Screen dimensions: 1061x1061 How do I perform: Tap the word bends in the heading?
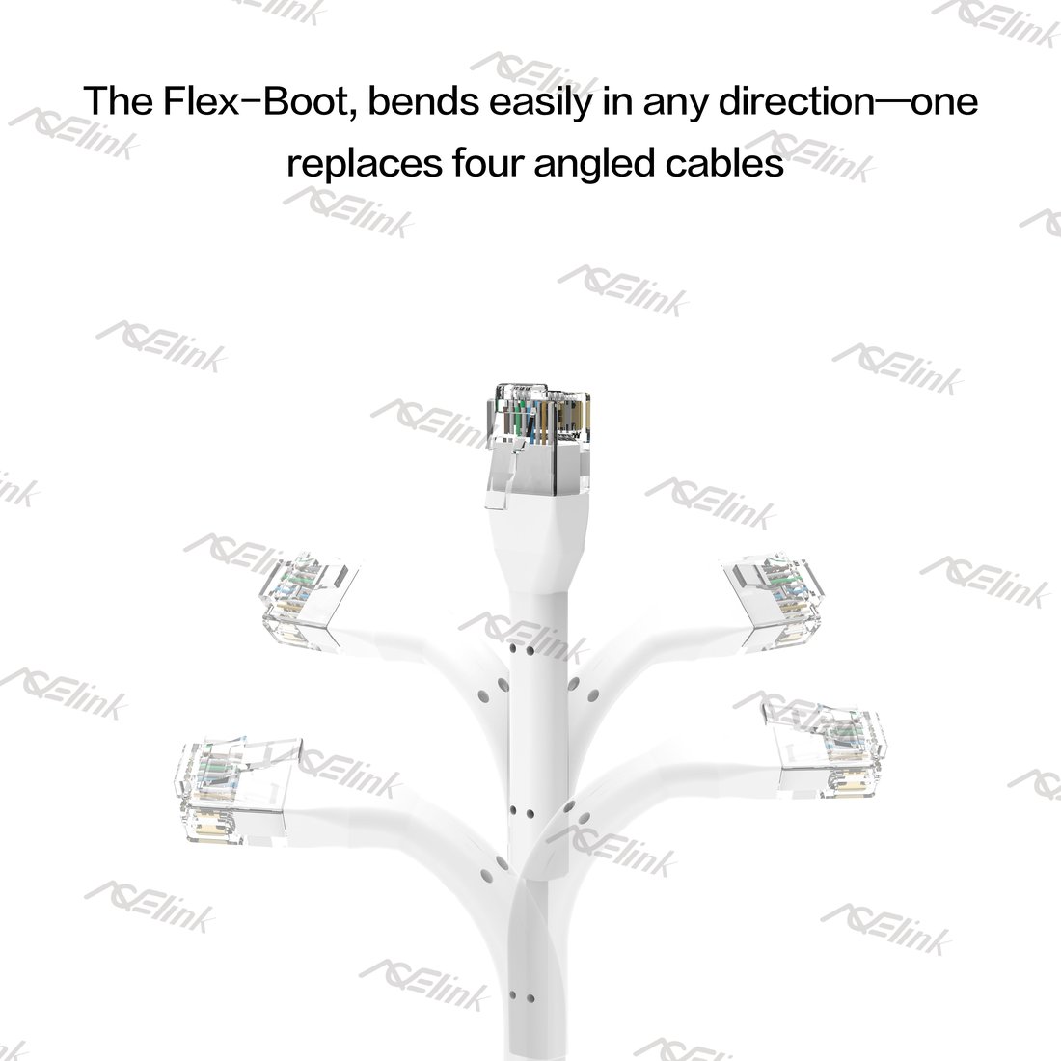pyautogui.click(x=422, y=101)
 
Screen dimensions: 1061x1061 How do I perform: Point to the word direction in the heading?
pyautogui.click(x=797, y=101)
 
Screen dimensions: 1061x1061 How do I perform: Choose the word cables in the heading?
pyautogui.click(x=724, y=164)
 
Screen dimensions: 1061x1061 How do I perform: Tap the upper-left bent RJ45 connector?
pyautogui.click(x=310, y=601)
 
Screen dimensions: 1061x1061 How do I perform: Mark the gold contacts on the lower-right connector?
pyautogui.click(x=849, y=785)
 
